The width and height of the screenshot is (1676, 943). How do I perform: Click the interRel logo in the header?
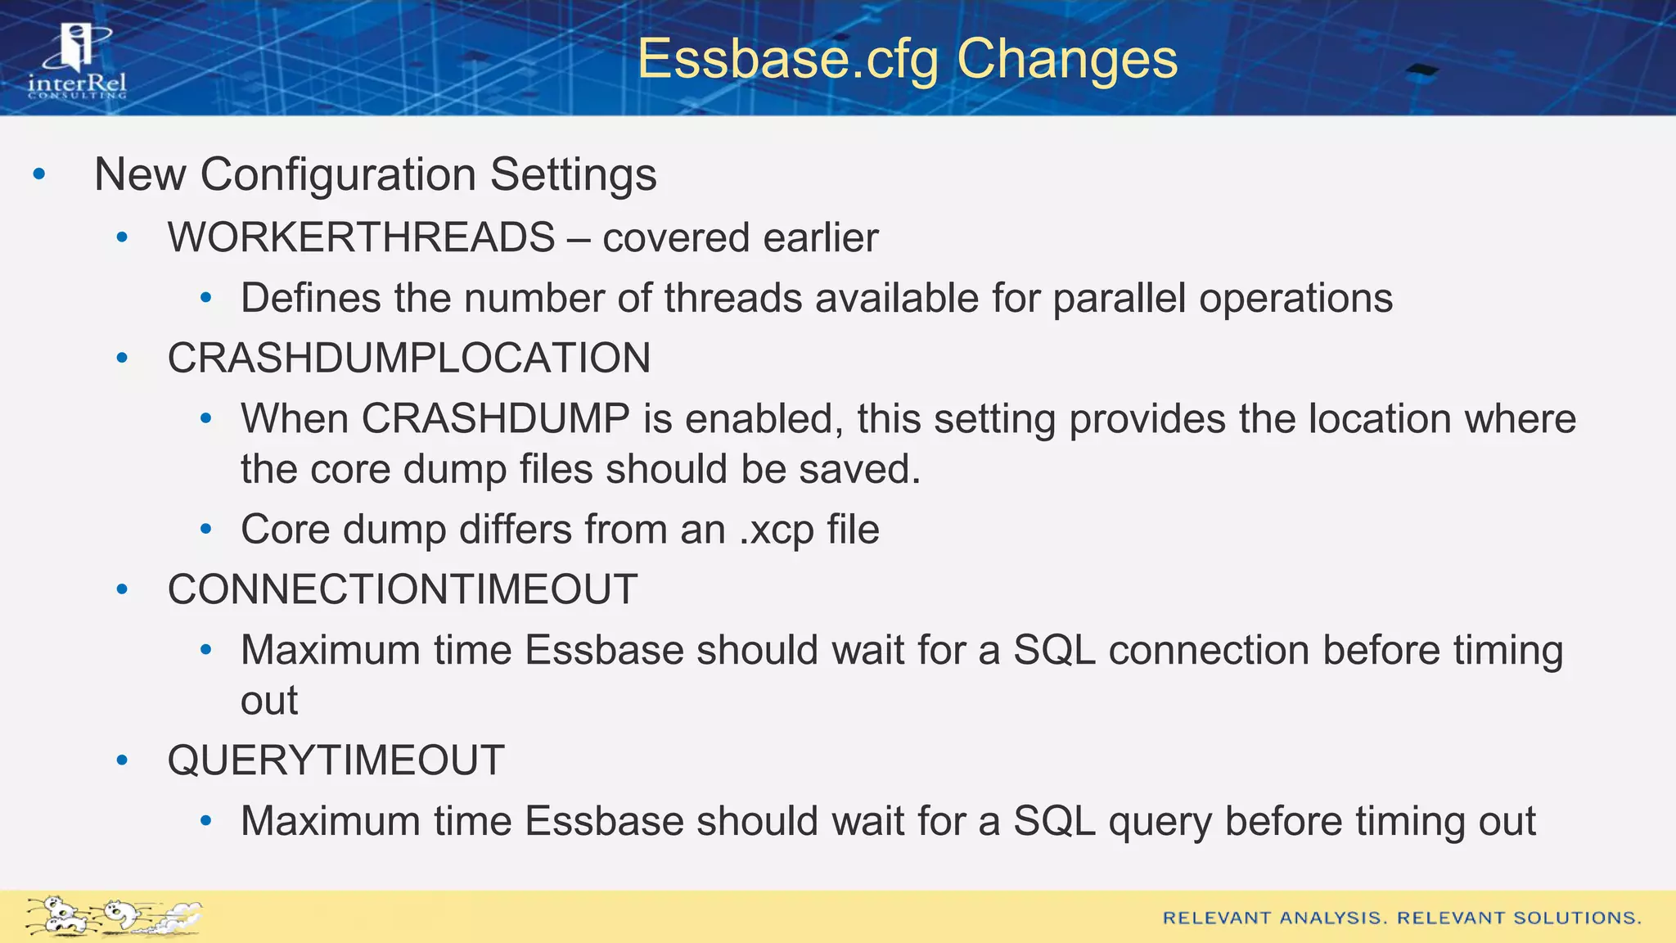78,61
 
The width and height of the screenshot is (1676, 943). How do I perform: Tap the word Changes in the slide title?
1066,60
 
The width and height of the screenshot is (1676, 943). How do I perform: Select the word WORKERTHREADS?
362,238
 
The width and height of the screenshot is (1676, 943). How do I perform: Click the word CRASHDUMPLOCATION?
409,359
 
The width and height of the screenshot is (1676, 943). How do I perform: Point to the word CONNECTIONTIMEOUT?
403,589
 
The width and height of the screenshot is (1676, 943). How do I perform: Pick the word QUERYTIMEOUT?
336,760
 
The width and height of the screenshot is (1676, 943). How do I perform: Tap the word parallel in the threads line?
1119,298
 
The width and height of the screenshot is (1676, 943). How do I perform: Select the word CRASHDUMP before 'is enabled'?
495,419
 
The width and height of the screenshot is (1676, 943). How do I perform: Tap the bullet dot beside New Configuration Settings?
38,174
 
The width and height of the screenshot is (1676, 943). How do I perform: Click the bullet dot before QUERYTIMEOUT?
123,760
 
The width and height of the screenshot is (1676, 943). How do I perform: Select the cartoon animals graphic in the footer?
113,916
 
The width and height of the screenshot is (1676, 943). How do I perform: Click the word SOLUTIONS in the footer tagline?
1575,918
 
